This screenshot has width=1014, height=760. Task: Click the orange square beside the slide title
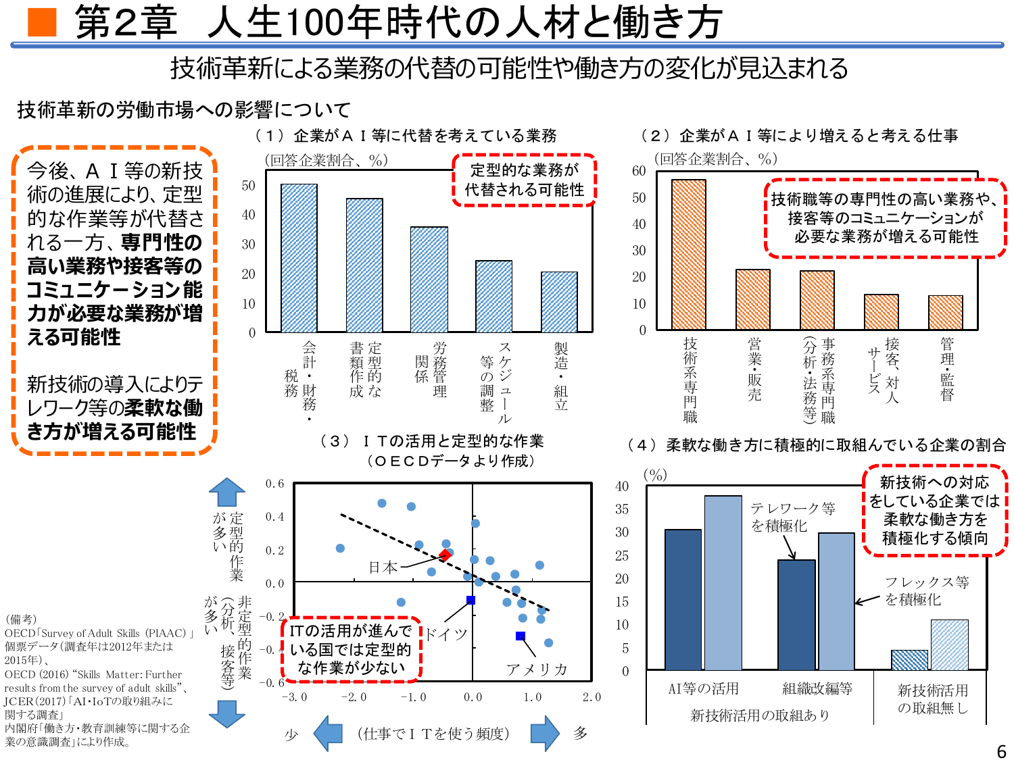pos(42,22)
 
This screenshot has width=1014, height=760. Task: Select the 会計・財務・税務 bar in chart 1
pos(299,258)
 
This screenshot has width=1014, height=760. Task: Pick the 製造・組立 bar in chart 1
pos(559,302)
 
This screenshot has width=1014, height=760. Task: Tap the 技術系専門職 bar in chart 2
pos(689,255)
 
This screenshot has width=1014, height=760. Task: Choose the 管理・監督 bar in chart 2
pos(945,313)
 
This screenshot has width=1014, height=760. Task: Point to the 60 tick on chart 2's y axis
pos(639,171)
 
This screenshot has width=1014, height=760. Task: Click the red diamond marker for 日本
pos(445,555)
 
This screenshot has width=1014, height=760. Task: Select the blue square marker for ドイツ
pos(471,600)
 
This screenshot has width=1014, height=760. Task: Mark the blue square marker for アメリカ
pos(521,636)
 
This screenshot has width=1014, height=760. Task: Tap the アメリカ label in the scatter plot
pos(537,669)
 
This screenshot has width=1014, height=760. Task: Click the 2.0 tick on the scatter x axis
pos(591,697)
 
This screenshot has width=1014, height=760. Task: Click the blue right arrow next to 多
pos(545,733)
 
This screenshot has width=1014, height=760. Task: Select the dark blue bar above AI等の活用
pos(683,599)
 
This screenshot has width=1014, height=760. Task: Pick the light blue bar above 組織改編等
pos(836,601)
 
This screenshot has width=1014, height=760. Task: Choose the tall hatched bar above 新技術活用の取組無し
pos(949,644)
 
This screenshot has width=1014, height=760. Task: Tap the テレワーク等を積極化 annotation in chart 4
pos(793,517)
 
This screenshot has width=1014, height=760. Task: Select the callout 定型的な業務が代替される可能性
pos(525,180)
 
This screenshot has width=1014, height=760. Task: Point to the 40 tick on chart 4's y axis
pos(622,486)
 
